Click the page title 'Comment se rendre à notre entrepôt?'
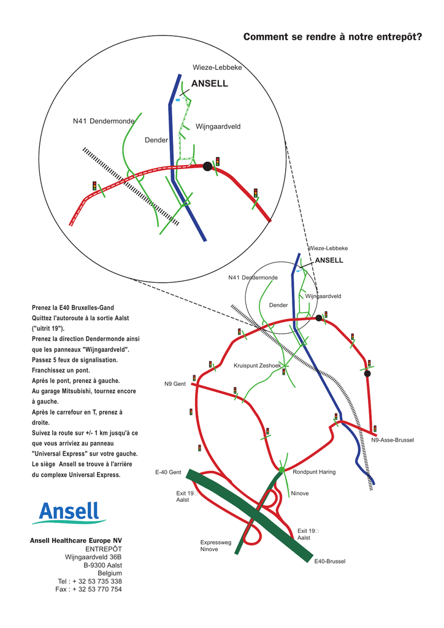333,37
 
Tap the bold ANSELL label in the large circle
209,83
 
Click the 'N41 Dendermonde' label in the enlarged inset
104,121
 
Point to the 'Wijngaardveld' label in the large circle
218,126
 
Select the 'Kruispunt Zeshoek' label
258,366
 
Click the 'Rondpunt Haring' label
314,472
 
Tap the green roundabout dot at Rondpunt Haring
282,469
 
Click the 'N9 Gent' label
175,384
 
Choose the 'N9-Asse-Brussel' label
392,440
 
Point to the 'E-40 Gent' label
168,472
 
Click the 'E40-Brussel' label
329,561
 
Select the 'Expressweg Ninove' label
216,546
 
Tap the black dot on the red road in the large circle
207,166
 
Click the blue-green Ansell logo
69,513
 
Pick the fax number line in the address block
88,589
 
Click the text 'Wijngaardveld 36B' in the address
93,557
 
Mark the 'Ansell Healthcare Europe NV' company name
76,541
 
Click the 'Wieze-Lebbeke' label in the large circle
217,67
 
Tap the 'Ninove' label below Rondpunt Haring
300,494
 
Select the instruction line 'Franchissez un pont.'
61,370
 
